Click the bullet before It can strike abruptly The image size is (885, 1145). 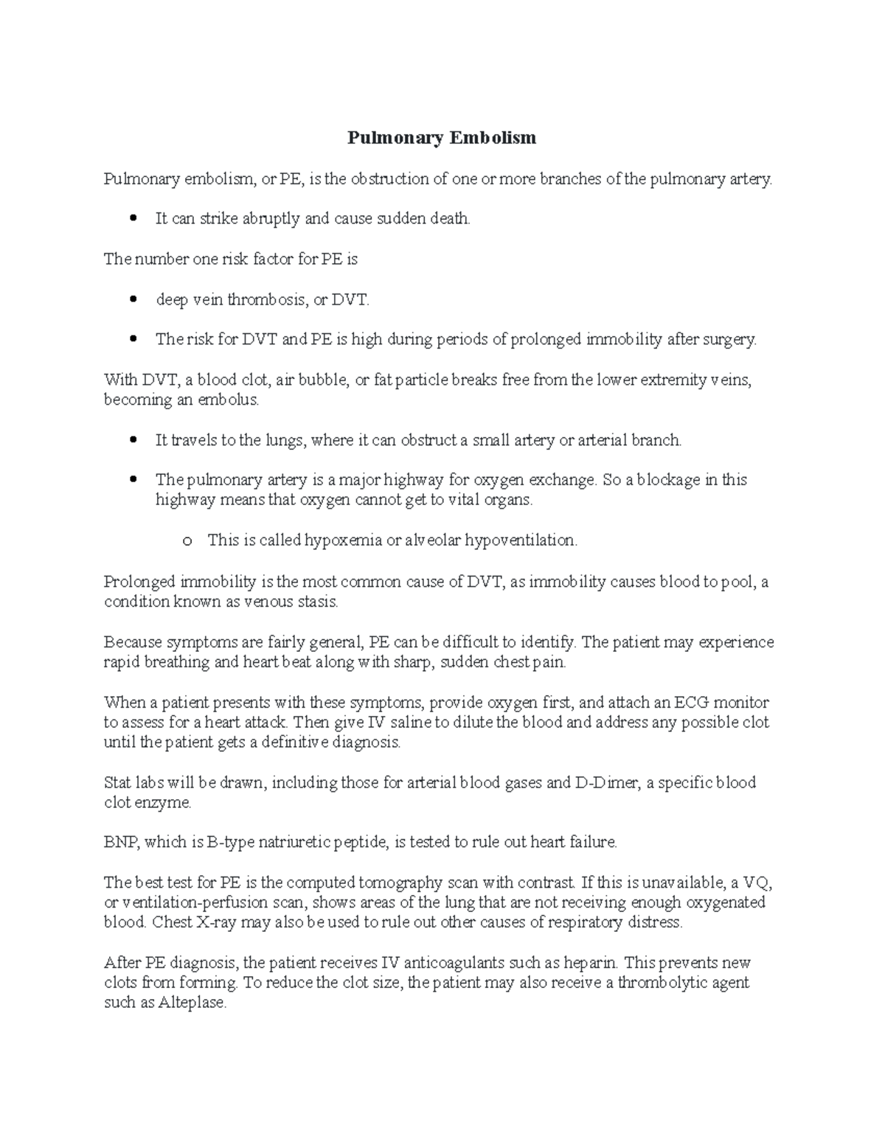(x=133, y=219)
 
